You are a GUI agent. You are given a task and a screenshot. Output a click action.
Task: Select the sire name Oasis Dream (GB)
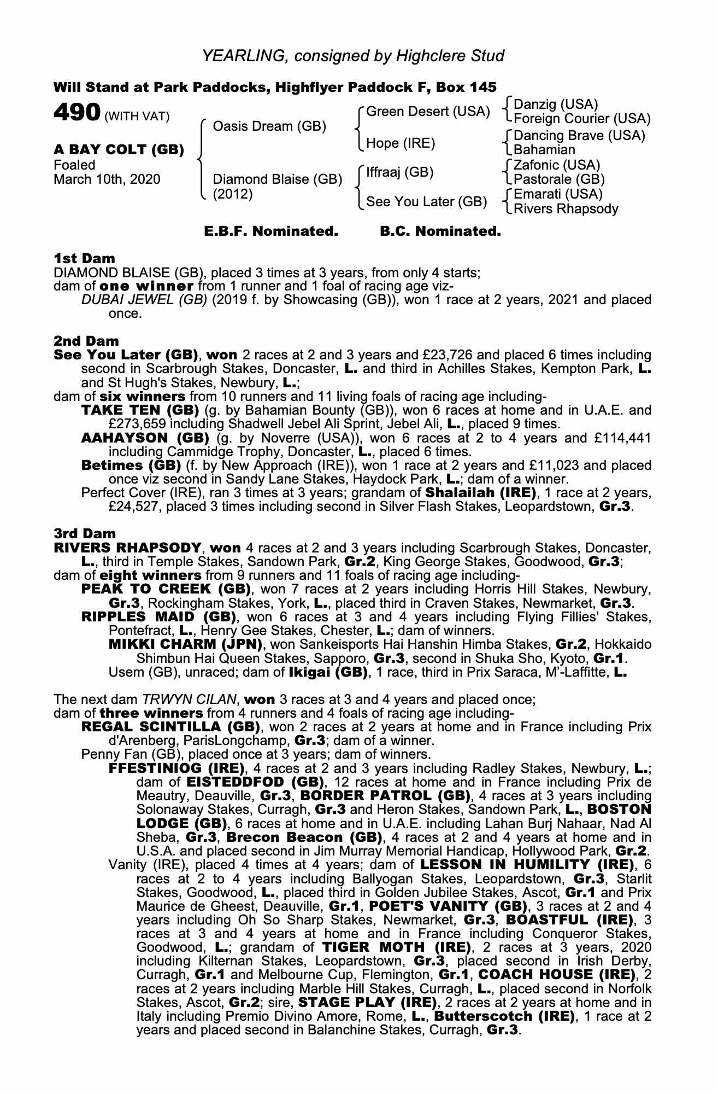[269, 126]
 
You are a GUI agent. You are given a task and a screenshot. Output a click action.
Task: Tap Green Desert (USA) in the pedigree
[428, 112]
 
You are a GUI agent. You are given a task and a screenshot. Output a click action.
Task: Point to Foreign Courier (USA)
[582, 119]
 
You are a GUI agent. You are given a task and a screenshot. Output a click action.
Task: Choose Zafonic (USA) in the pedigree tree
[557, 165]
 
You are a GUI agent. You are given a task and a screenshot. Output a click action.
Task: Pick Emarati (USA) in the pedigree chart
[558, 194]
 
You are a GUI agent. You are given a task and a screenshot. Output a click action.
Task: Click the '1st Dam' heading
[84, 258]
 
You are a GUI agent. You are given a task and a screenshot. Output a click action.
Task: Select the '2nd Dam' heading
[85, 341]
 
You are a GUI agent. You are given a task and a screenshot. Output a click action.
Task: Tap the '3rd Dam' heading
[85, 533]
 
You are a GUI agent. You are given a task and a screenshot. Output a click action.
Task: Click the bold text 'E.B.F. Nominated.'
[271, 231]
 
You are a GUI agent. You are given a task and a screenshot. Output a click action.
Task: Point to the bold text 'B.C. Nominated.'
[440, 231]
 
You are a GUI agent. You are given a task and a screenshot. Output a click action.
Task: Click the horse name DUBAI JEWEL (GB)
[144, 300]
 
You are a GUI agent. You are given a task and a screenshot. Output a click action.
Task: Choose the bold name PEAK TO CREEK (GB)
[166, 589]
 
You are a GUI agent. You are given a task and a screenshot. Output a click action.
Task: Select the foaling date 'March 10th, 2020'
[107, 179]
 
